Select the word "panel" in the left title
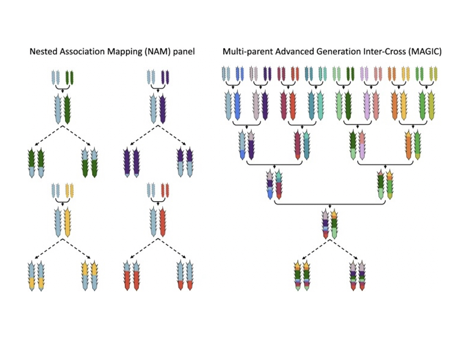click(184, 51)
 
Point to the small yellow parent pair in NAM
click(70, 190)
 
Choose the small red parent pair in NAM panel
click(165, 190)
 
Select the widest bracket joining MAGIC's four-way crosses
click(330, 203)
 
